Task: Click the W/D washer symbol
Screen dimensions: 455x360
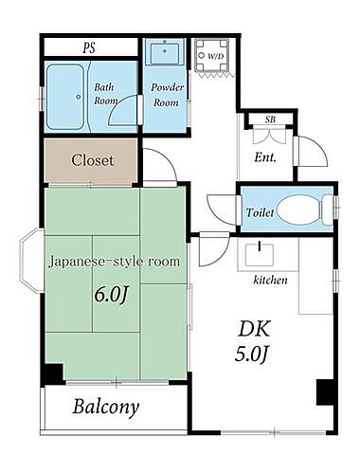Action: tap(209, 55)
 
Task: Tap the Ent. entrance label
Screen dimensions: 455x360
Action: tap(265, 157)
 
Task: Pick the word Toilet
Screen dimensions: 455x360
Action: tap(260, 213)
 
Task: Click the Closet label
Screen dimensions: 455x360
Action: tap(92, 160)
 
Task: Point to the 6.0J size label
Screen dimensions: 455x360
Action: tap(109, 294)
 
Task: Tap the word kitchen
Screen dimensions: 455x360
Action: tap(270, 281)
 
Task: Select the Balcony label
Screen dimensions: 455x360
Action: tap(106, 408)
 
